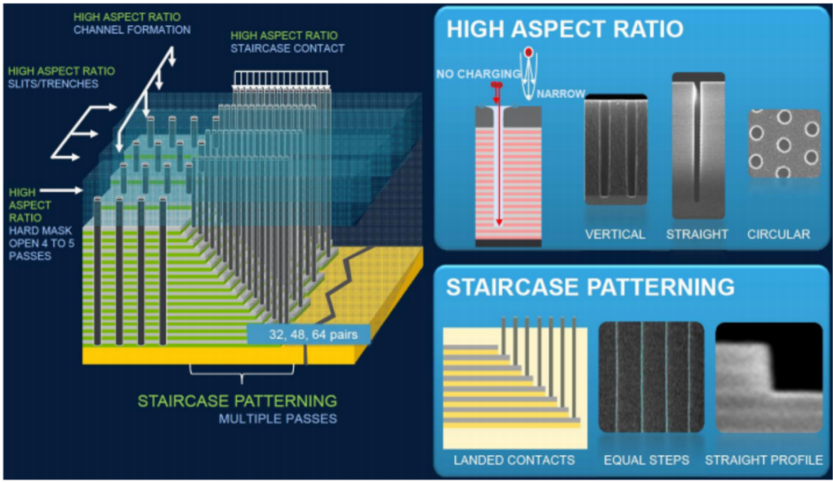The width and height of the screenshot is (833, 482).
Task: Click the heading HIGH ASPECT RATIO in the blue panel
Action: [x=565, y=29]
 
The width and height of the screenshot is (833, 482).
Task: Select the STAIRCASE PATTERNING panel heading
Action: [x=590, y=287]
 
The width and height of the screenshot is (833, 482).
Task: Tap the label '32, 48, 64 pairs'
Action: [x=313, y=335]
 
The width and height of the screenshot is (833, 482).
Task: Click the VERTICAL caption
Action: [x=615, y=234]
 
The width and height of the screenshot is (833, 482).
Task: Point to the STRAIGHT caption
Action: [x=697, y=234]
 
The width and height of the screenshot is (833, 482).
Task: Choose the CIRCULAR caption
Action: [x=779, y=234]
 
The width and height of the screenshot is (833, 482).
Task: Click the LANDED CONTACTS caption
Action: [x=514, y=460]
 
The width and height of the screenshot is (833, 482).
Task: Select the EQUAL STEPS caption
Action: [x=646, y=460]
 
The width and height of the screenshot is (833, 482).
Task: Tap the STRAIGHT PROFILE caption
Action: [x=764, y=460]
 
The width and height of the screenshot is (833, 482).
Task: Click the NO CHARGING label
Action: [x=479, y=74]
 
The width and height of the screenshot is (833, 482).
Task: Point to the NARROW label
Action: [x=561, y=94]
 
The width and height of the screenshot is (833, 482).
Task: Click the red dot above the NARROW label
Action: [x=528, y=52]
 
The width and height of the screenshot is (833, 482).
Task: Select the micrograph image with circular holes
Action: [x=784, y=143]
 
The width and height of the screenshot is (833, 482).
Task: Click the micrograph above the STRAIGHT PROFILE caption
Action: [x=769, y=377]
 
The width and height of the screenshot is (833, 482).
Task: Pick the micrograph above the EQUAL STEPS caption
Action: [x=651, y=377]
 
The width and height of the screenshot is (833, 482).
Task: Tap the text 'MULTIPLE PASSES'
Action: [x=278, y=419]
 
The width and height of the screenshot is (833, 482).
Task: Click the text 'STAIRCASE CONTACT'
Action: [x=288, y=49]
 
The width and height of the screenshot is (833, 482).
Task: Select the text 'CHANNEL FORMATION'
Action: [x=132, y=30]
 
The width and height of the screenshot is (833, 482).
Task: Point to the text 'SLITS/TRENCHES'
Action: [x=53, y=83]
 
